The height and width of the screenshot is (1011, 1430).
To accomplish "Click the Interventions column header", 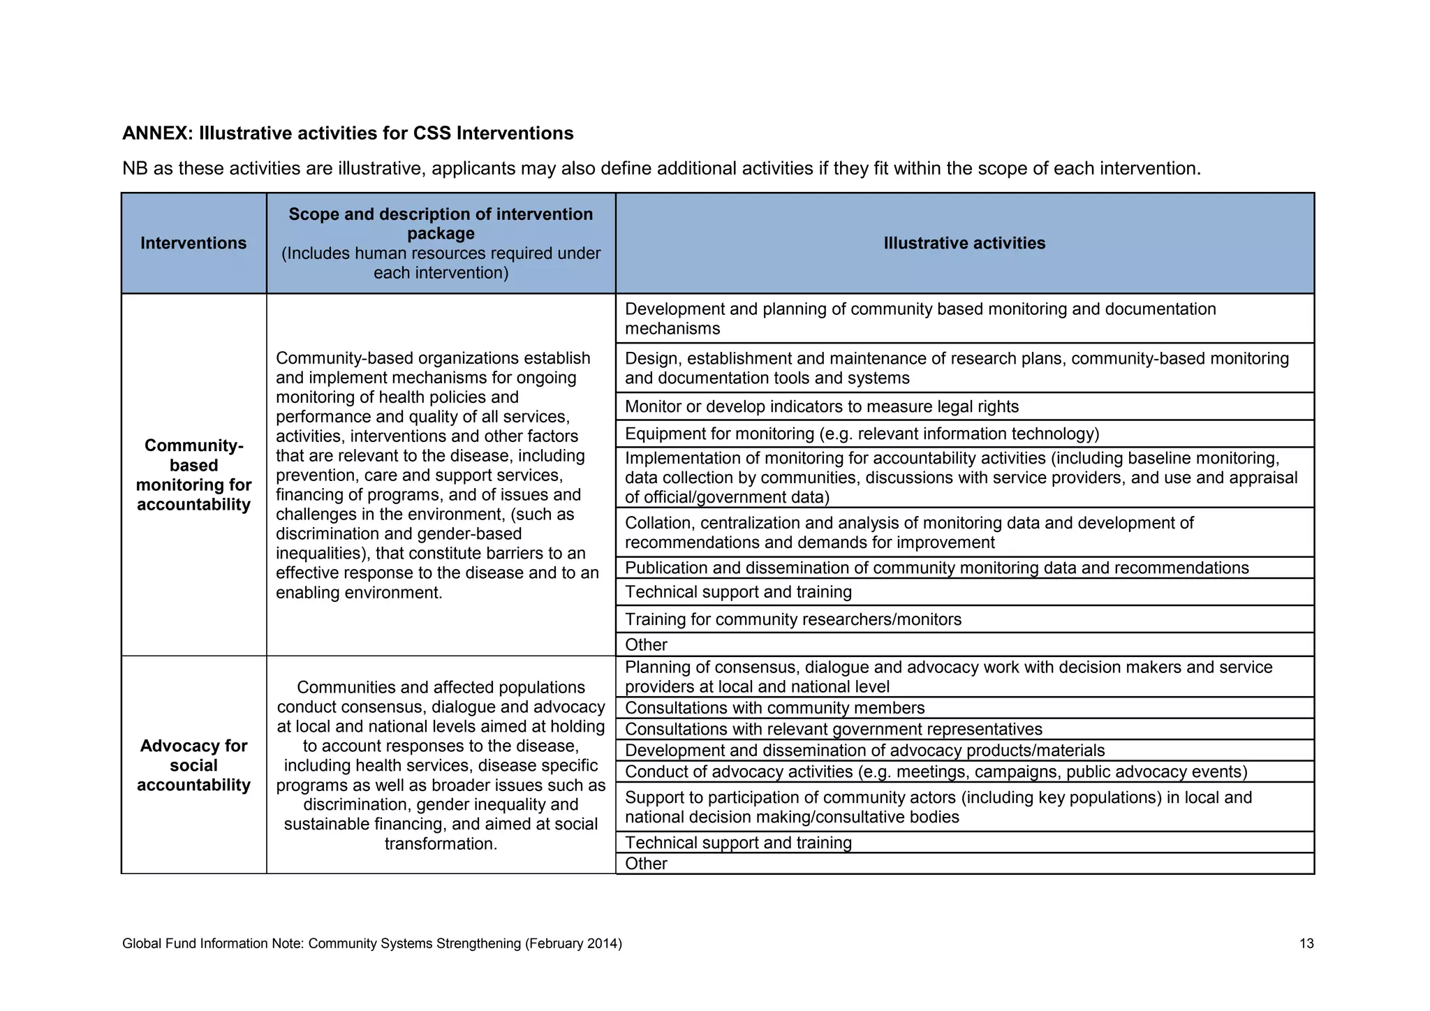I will (193, 243).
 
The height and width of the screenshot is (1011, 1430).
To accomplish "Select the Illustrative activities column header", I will (964, 243).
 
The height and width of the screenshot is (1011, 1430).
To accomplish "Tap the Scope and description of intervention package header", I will (441, 223).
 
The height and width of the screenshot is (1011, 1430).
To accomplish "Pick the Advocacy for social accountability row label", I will (193, 765).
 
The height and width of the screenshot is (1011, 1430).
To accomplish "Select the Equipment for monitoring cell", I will (862, 434).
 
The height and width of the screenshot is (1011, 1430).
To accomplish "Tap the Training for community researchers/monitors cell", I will (793, 619).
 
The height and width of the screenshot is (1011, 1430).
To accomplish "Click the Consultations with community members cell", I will (774, 708).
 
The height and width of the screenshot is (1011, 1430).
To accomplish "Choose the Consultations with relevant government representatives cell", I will (833, 729).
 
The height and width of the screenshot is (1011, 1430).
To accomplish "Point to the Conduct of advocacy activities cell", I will (936, 772).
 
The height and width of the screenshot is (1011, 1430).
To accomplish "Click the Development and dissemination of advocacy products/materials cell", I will (864, 751).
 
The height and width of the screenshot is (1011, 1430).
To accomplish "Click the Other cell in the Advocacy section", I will (646, 864).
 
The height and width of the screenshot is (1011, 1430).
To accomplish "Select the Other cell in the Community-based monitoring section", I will (646, 644).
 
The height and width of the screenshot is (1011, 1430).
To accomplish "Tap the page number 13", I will (1306, 944).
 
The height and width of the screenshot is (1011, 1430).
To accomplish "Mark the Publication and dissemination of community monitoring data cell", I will (936, 568).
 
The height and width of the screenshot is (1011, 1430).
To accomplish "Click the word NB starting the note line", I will (134, 168).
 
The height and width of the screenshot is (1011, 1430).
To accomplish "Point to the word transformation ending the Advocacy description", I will (440, 843).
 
